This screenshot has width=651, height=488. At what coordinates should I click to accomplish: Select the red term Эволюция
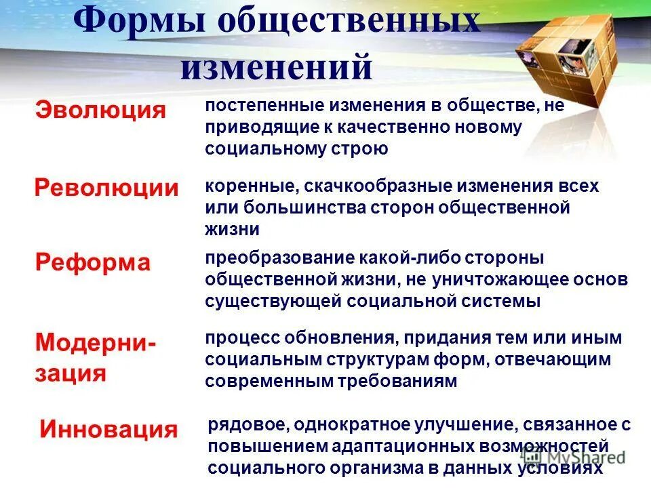100,110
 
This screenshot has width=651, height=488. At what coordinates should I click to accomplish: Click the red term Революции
106,188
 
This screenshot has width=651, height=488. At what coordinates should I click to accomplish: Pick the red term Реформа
93,263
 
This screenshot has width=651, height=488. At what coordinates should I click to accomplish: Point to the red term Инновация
108,429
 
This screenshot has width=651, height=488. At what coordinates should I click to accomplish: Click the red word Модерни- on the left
95,342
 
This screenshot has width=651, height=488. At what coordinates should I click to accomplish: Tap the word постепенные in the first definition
265,106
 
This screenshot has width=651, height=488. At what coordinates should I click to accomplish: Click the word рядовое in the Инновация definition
247,425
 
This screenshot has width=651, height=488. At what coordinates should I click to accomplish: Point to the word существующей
272,301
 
